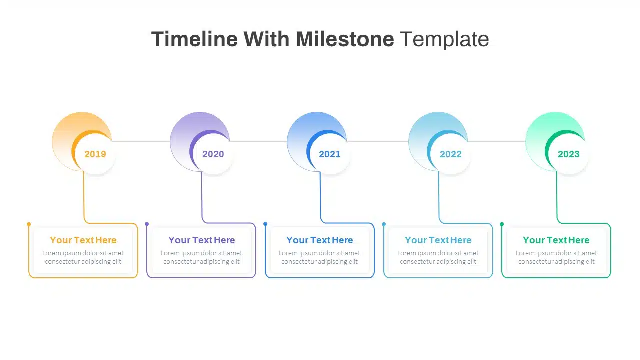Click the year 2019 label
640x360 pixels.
point(95,154)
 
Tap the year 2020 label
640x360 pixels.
point(213,154)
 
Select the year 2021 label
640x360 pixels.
point(329,154)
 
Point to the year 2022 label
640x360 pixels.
point(451,154)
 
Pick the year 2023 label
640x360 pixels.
point(569,154)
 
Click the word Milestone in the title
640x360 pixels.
point(345,39)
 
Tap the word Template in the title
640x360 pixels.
point(444,39)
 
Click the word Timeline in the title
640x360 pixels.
point(194,39)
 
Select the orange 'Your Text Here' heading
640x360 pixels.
point(83,240)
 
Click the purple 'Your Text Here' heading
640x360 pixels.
point(201,240)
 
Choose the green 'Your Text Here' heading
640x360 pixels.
point(556,240)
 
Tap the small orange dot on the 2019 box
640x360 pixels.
point(29,224)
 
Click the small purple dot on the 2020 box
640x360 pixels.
point(147,224)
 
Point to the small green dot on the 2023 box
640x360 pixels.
point(502,224)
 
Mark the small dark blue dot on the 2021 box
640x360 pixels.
point(265,224)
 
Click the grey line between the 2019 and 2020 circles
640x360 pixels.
point(141,141)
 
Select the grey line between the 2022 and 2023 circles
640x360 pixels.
point(496,141)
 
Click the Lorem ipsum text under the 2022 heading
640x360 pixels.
point(438,257)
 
